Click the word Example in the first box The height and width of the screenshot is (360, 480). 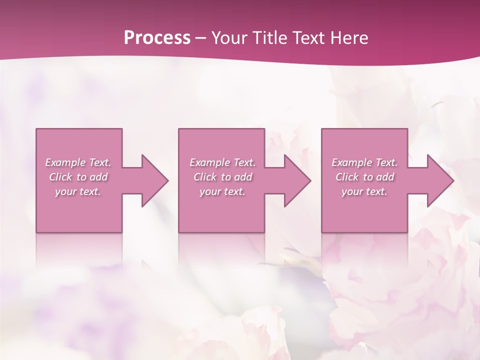coord(65,162)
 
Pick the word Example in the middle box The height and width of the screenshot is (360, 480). coord(209,162)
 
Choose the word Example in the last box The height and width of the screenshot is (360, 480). coord(351,162)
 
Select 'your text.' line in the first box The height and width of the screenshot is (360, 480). coord(78,191)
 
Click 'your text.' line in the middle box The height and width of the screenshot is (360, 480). coord(222,191)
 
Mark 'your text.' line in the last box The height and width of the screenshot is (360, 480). coord(364,191)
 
